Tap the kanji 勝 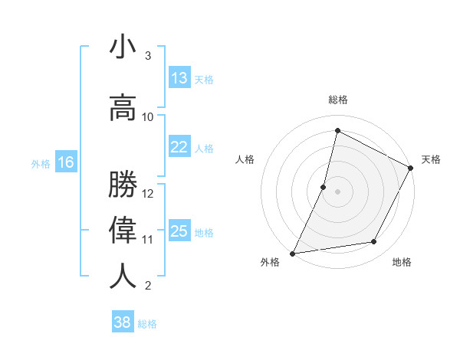coord(123,185)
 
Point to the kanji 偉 coord(123,231)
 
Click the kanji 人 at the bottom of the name coord(123,277)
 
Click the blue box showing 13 coord(179,78)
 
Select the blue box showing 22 coord(179,147)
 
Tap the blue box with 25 coord(179,231)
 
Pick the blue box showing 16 coord(65,162)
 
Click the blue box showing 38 coord(123,322)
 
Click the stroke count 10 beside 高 coord(148,117)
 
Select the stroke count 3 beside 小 coord(148,56)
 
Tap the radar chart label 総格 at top coord(338,100)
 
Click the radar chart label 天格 coord(431,159)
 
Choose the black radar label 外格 coord(270,262)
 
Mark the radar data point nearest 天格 coord(411,169)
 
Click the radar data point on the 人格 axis coord(324,187)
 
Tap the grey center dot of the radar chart coord(337,191)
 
